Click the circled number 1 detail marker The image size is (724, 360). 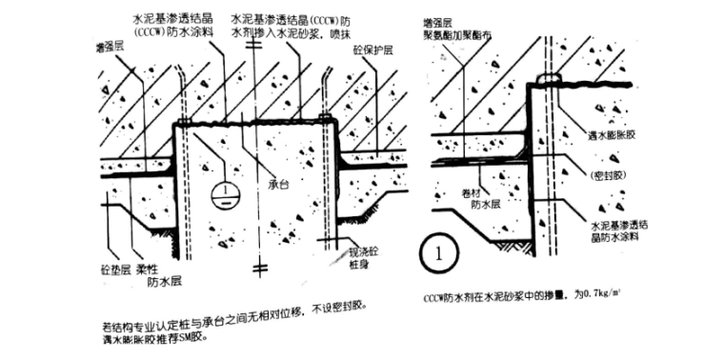click(437, 254)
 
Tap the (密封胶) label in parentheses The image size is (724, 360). click(609, 176)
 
